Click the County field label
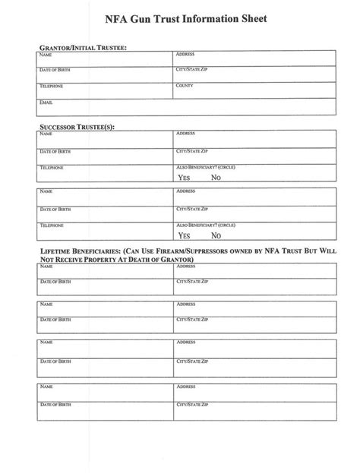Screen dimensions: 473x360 coord(185,86)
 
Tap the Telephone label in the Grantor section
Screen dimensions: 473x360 coord(52,86)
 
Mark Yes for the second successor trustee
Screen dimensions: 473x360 coord(184,235)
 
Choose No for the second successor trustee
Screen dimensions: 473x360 coord(216,235)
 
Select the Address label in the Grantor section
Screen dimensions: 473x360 coord(186,55)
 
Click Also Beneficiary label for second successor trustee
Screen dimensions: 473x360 coord(206,225)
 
